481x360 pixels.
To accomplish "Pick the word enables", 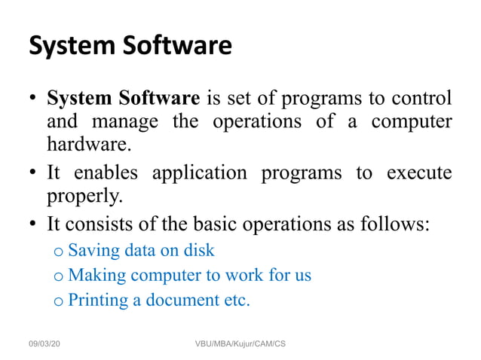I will [107, 172].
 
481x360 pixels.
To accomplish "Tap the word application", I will [199, 172].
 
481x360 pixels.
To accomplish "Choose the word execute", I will [418, 172].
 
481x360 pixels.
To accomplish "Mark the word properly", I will [84, 197].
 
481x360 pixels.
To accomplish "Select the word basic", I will [231, 224].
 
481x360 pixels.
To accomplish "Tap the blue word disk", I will [198, 250].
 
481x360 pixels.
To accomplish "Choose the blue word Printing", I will [97, 301].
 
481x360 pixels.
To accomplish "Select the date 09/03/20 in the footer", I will [45, 343].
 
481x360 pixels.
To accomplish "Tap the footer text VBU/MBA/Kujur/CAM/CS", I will [240, 343].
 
